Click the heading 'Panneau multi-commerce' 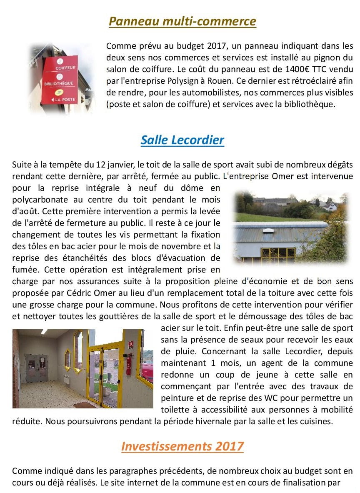(182, 21)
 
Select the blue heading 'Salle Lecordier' (182, 140)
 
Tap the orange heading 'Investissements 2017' (182, 446)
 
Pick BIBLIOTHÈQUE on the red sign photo (59, 83)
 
